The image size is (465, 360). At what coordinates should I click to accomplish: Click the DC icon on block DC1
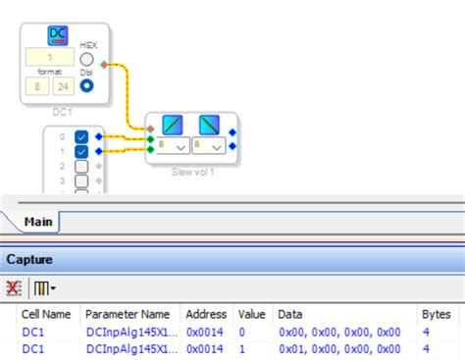[x=59, y=36]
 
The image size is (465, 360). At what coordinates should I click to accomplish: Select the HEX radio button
[x=88, y=60]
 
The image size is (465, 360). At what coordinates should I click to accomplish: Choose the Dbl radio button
[x=88, y=85]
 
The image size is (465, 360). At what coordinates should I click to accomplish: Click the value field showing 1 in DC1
[x=49, y=57]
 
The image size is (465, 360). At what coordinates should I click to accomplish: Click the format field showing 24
[x=61, y=86]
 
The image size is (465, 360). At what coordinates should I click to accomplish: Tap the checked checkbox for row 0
[x=81, y=137]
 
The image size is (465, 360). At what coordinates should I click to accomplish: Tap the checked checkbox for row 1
[x=81, y=152]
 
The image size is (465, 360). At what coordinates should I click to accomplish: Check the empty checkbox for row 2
[x=81, y=167]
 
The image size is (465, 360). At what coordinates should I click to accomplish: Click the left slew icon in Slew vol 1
[x=173, y=126]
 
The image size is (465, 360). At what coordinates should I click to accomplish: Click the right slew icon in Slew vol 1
[x=209, y=126]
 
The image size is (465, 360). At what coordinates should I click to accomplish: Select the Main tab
[x=38, y=222]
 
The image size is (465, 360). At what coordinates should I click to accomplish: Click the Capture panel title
[x=29, y=260]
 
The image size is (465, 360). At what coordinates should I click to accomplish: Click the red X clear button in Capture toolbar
[x=14, y=288]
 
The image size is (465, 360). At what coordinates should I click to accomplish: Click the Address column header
[x=207, y=314]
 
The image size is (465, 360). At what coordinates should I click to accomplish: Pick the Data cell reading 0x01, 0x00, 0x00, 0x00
[x=339, y=348]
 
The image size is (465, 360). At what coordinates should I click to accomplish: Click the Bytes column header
[x=436, y=314]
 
